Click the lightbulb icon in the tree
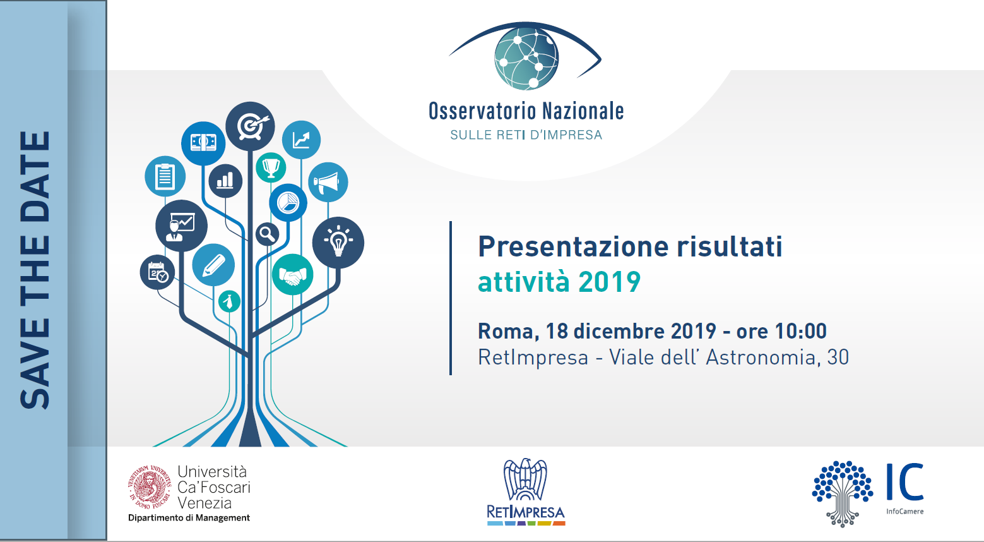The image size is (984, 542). click(338, 242)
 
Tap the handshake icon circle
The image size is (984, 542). click(293, 275)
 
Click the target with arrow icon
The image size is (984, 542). click(250, 126)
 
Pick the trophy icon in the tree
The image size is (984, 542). click(271, 167)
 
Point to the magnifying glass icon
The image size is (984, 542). click(267, 234)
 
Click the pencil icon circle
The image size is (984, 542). click(213, 265)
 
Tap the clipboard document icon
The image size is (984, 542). click(165, 176)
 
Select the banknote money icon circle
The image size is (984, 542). click(203, 143)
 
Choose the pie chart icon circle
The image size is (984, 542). click(288, 203)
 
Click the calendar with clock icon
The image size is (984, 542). click(157, 272)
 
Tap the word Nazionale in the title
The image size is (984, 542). click(583, 111)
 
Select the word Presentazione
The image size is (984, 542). click(573, 246)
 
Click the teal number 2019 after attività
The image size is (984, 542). click(609, 282)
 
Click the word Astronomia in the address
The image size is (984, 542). click(761, 358)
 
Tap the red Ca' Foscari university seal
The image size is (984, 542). click(150, 487)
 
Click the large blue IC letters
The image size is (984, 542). click(904, 482)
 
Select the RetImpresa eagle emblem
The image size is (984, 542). click(525, 479)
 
